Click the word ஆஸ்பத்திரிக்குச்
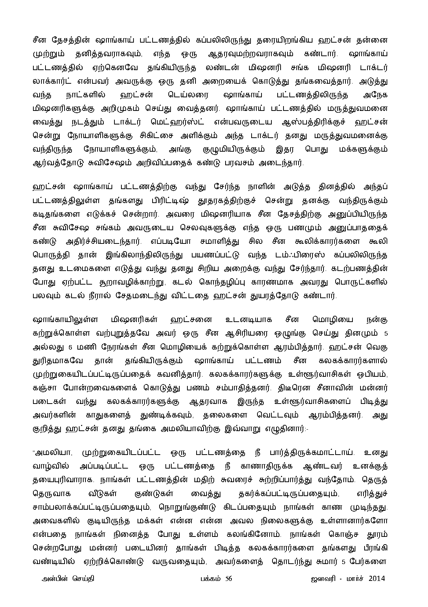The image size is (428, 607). click(320, 122)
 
